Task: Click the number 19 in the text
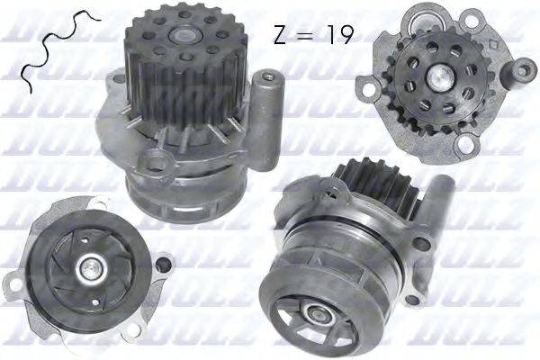pyautogui.click(x=337, y=34)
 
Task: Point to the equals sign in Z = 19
pyautogui.click(x=308, y=35)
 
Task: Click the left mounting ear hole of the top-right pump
pyautogui.click(x=368, y=88)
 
